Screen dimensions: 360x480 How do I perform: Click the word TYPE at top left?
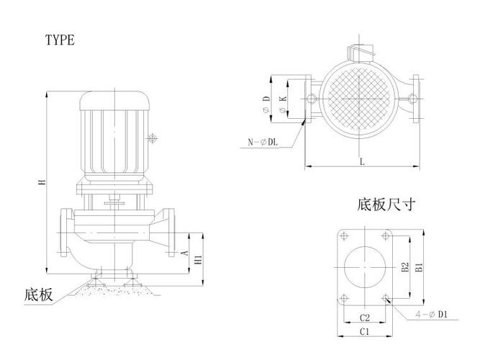click(60, 40)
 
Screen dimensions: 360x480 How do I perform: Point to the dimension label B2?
click(405, 269)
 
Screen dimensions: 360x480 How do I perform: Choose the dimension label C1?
click(365, 331)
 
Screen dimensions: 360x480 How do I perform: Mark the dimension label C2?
click(365, 318)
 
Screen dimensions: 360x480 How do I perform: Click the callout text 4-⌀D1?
click(432, 315)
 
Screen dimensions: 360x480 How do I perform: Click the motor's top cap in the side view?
click(114, 99)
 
